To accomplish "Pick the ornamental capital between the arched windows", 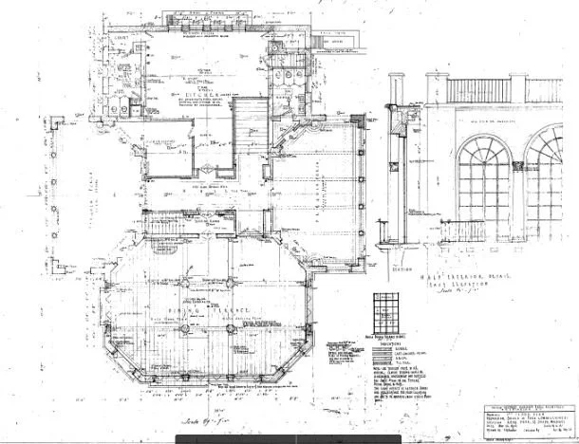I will (x=518, y=167).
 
